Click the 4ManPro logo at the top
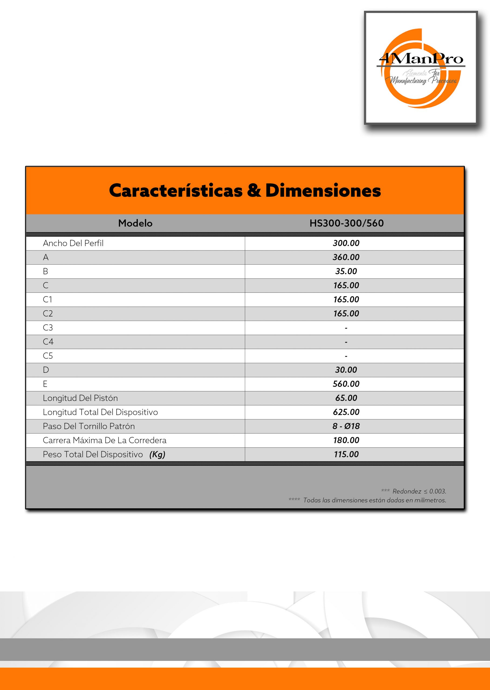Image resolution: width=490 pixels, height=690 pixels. coord(421,68)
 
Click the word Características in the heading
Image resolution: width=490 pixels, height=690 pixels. coord(176,191)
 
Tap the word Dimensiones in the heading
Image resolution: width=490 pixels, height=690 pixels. coord(323,191)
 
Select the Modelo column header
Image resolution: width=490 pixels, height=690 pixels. coord(135,223)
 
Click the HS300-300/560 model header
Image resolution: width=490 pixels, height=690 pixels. coord(346,223)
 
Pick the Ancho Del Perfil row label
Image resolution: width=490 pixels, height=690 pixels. coord(73,243)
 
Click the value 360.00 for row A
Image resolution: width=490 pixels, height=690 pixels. coord(346,257)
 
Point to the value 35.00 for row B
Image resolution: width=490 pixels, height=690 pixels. coord(346,271)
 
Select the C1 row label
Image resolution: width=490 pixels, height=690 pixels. coord(47,299)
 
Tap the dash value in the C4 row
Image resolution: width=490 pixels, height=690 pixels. coord(346,342)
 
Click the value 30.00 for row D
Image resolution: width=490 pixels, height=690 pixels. coord(346,370)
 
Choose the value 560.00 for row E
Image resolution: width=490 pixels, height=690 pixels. coord(346,384)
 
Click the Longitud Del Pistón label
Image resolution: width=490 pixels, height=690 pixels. coord(80,398)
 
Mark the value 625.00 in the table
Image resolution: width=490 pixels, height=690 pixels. coord(346,412)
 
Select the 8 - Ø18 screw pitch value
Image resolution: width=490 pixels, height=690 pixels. coord(346,426)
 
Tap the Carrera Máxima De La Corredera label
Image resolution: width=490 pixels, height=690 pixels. coord(104,440)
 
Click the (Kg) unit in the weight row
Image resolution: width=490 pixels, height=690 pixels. coord(157,454)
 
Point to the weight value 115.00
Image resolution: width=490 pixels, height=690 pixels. coord(346,454)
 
